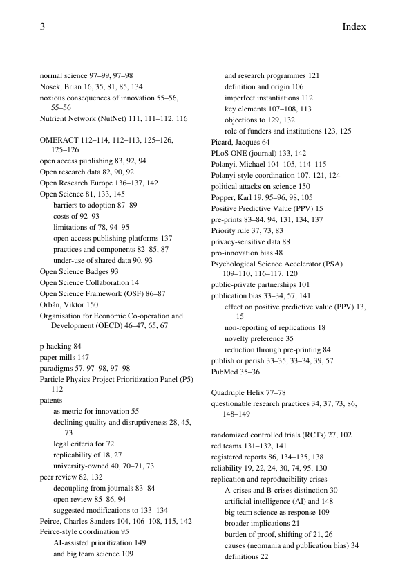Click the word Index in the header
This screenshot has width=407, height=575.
353,27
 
